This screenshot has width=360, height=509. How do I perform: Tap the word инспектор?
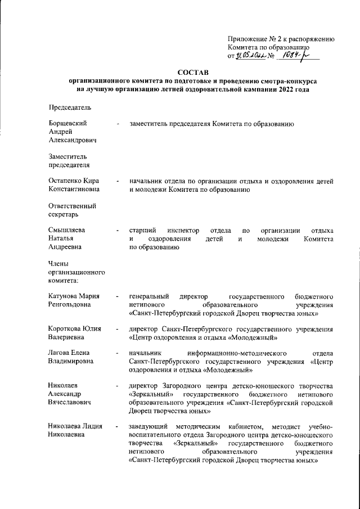pyautogui.click(x=183, y=231)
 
